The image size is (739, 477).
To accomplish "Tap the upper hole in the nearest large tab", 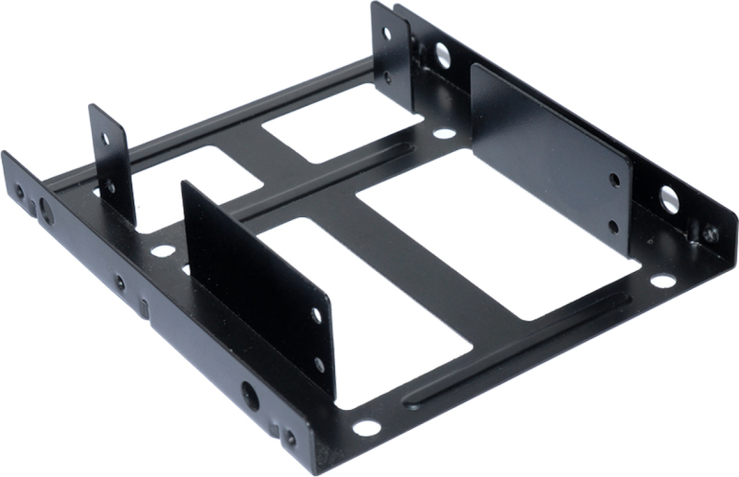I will coord(317,316).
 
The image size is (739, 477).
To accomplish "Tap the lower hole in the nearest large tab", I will coord(319,364).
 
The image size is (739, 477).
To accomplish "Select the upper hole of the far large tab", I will coord(614,180).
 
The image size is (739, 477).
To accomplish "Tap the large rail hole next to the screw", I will coord(669,199).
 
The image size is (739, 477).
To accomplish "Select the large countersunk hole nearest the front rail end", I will coord(250,390).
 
